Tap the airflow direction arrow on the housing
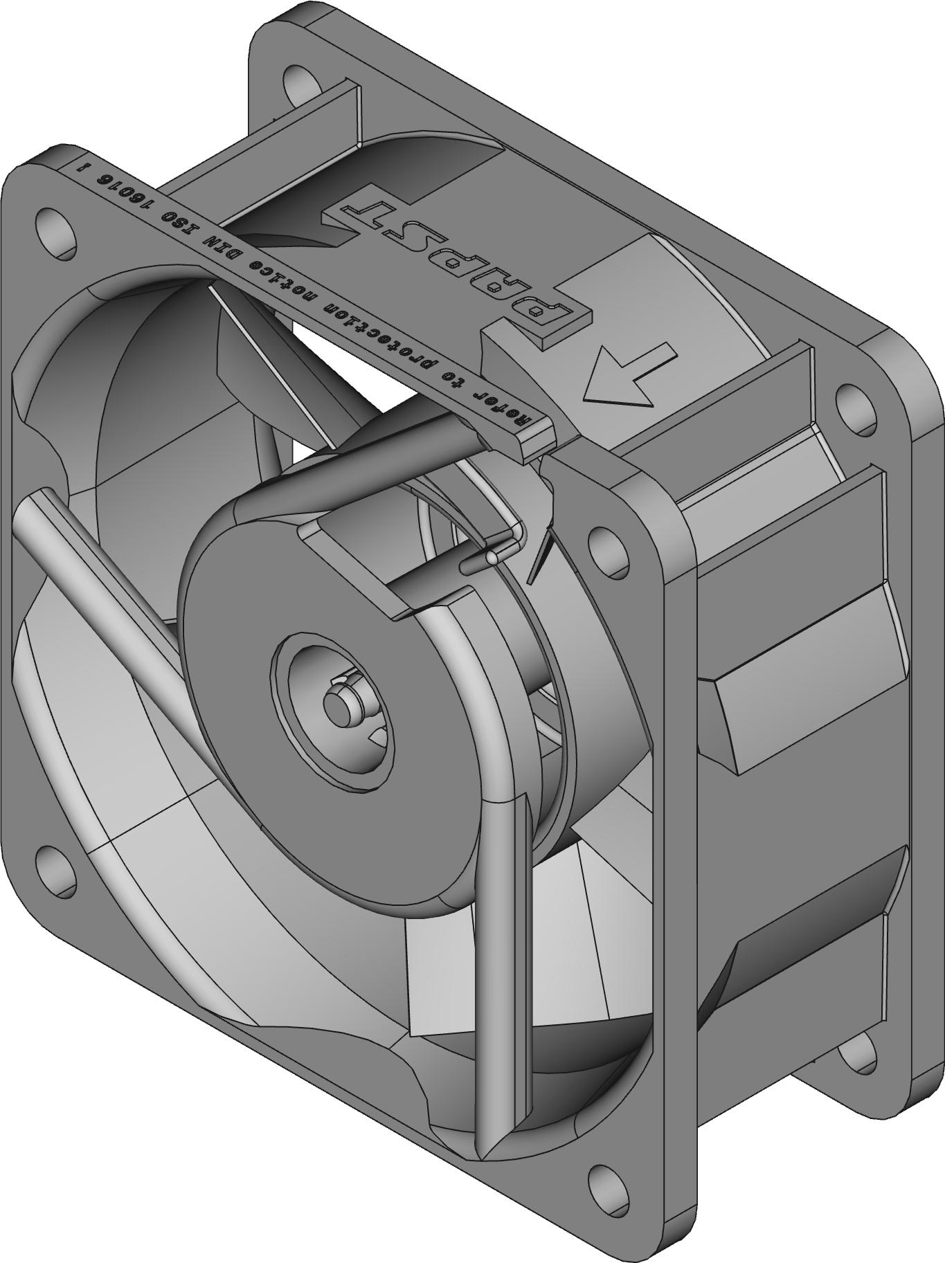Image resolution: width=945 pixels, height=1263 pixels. tap(627, 376)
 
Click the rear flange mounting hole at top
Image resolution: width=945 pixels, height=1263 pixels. tap(300, 80)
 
